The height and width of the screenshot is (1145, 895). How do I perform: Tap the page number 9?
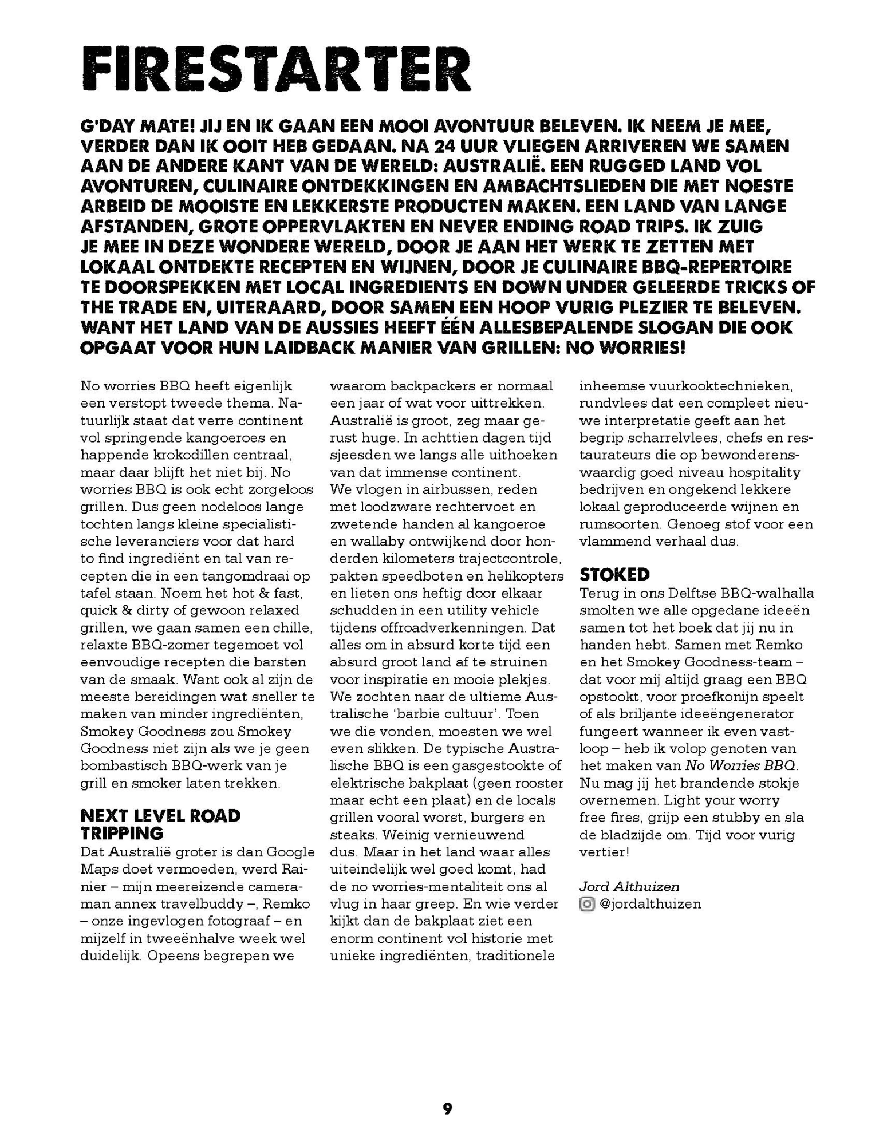447,1109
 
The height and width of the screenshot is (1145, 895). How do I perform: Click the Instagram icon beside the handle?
587,904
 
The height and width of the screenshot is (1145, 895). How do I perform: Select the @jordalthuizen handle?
650,904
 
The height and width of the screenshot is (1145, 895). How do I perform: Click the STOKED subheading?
614,574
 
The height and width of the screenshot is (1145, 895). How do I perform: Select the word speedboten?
418,575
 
